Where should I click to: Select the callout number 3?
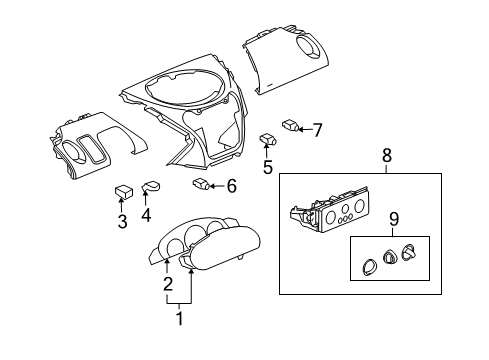(x=122, y=222)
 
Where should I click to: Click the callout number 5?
(x=267, y=168)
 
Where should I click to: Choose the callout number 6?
(x=231, y=185)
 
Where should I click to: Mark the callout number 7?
(x=317, y=129)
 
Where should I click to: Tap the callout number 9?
(x=393, y=219)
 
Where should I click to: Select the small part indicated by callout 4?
(x=152, y=185)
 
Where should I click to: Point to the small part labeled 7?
(x=290, y=125)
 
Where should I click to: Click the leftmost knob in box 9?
(x=367, y=265)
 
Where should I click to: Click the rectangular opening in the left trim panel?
(x=97, y=152)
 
